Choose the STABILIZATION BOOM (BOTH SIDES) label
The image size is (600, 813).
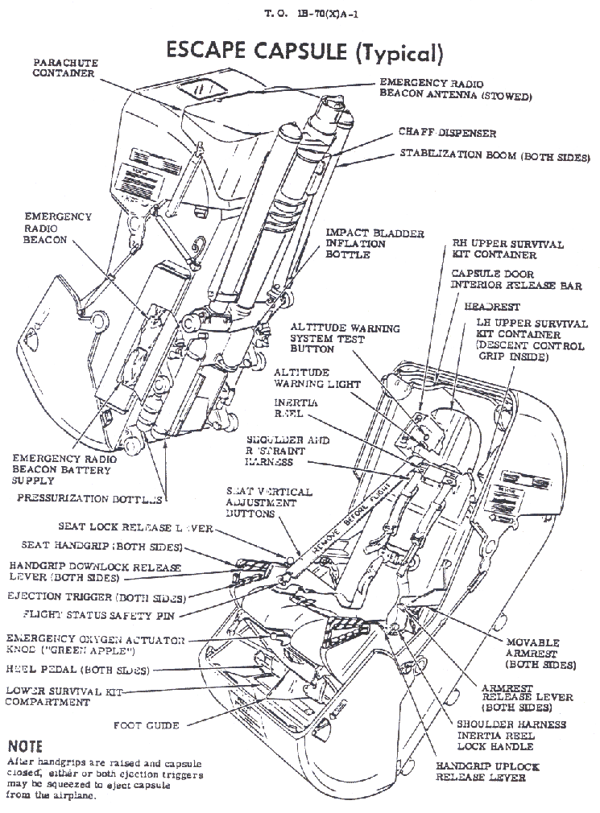[494, 156]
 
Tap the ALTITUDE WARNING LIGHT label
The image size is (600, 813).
[317, 378]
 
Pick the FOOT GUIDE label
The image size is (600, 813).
[146, 724]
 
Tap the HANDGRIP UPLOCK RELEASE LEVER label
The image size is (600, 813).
[487, 771]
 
